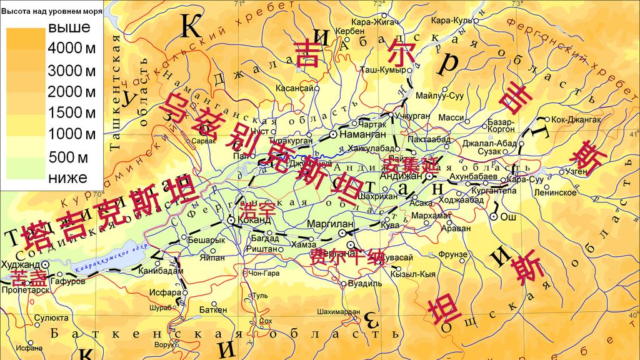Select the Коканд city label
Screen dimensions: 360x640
click(x=257, y=221)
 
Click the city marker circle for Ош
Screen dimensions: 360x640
click(x=494, y=216)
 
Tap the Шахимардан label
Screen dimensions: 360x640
click(x=339, y=311)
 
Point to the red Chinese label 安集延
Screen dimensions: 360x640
click(x=404, y=166)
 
